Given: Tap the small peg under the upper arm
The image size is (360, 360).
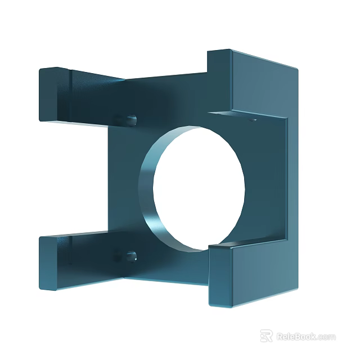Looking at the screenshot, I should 130,119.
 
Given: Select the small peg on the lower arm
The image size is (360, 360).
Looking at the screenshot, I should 131,256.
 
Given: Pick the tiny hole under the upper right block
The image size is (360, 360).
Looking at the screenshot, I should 253,119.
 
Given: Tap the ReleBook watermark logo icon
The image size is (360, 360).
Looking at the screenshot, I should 267,336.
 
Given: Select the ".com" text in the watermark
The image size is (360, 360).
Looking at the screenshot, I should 326,337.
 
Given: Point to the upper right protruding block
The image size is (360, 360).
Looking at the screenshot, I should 253,84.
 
